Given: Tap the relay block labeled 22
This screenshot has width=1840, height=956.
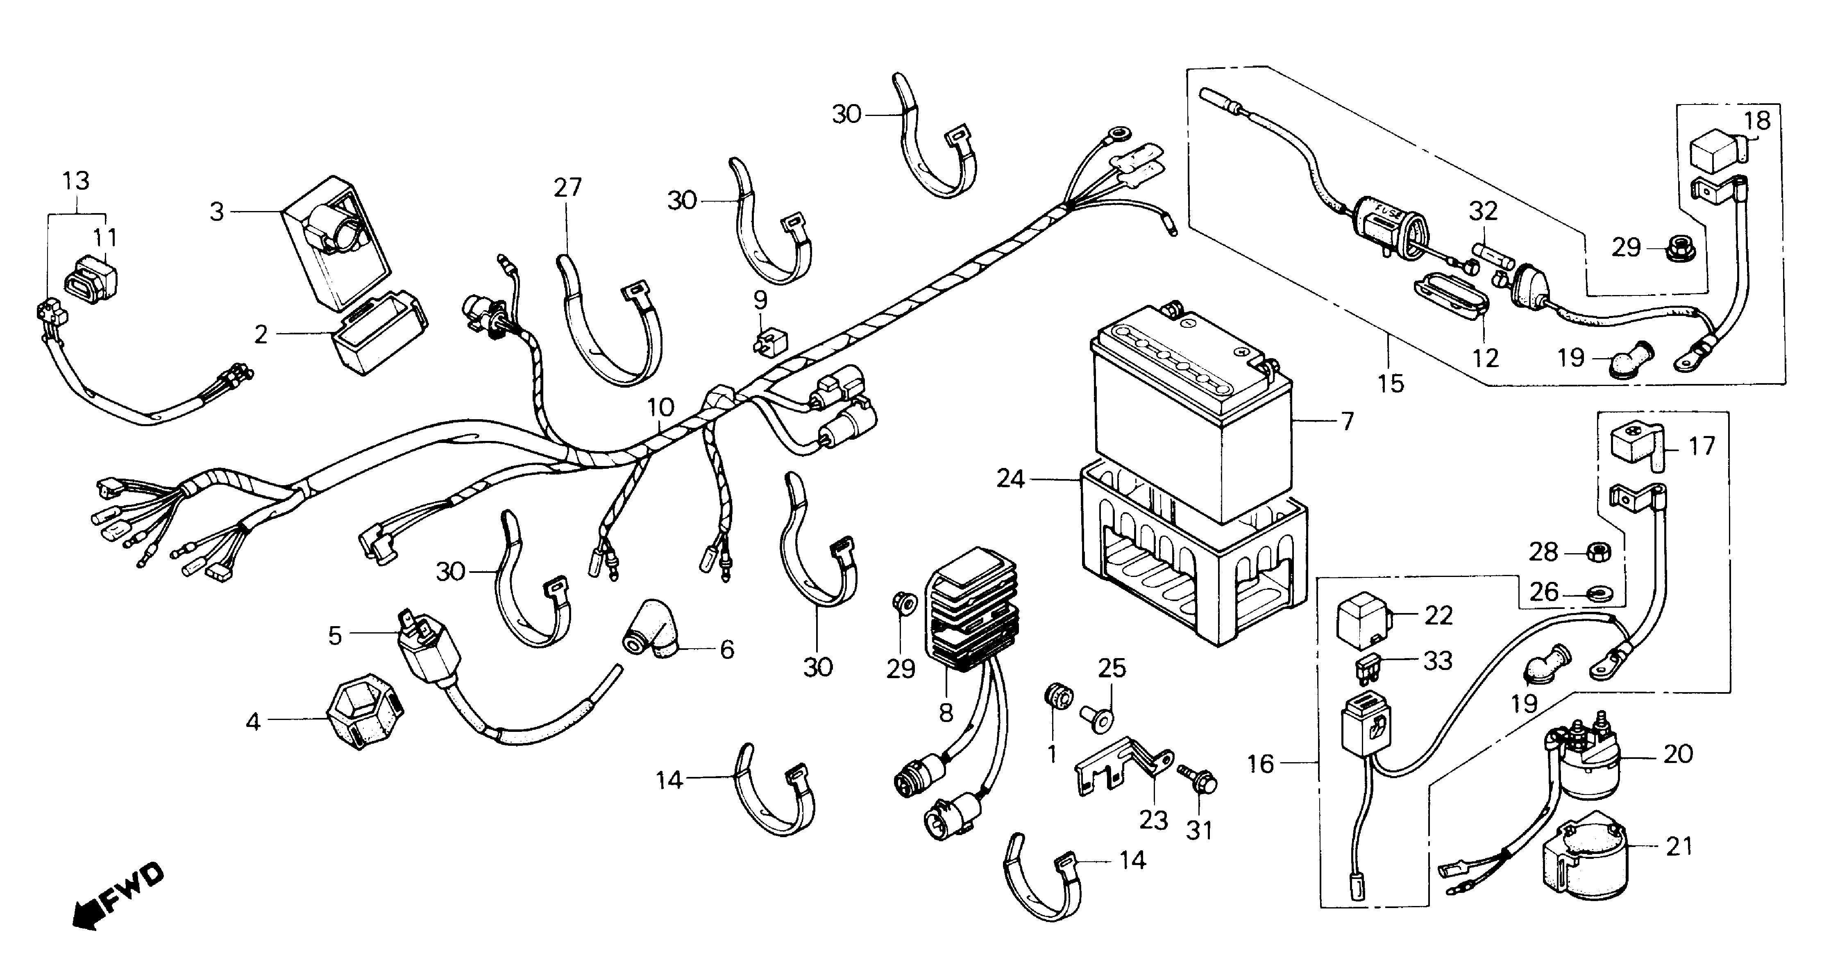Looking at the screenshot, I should click(x=1363, y=620).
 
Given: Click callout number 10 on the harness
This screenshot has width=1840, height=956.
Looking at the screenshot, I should click(x=661, y=408).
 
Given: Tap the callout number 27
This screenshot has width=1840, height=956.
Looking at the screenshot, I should click(x=568, y=188).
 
